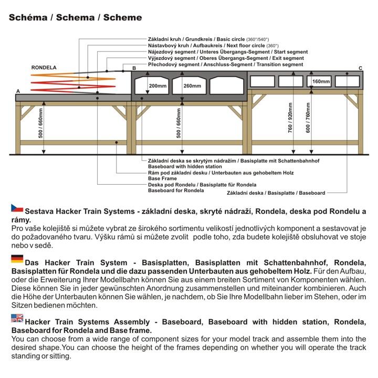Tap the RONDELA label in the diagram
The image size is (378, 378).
click(44, 68)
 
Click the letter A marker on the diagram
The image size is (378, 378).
click(18, 91)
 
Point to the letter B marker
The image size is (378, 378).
click(134, 68)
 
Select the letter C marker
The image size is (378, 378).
click(360, 68)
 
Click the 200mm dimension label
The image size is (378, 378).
click(157, 86)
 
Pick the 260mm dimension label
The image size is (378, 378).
click(193, 86)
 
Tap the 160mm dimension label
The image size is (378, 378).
click(321, 81)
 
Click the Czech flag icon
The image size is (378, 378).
click(17, 208)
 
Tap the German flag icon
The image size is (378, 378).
click(17, 258)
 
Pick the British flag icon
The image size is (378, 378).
click(17, 317)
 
